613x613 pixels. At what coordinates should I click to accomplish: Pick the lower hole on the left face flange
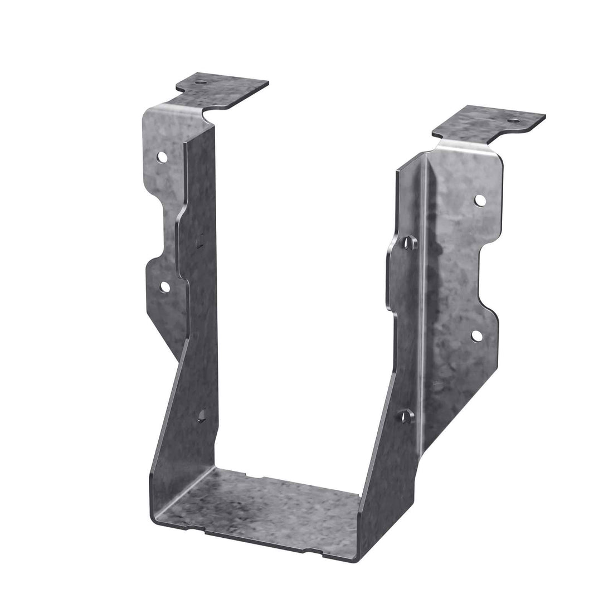(164, 286)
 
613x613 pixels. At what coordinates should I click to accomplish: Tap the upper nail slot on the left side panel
(198, 241)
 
